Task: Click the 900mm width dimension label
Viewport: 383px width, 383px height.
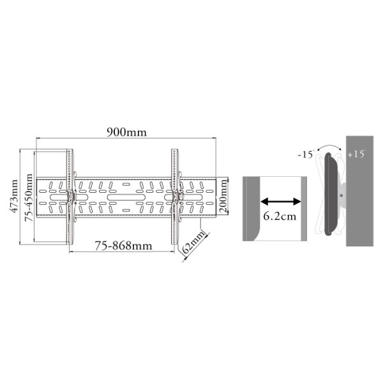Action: click(127, 132)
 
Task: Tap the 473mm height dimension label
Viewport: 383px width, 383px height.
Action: click(14, 196)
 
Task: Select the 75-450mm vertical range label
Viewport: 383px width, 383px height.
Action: click(29, 197)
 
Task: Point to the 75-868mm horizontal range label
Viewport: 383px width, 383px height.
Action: click(123, 246)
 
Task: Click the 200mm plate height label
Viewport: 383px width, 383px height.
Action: click(223, 196)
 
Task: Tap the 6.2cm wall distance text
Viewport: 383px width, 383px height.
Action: click(280, 216)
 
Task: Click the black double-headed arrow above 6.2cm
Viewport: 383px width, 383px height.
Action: click(281, 202)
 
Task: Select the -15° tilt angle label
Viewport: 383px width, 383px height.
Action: click(306, 154)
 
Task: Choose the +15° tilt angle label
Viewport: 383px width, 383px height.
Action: click(356, 154)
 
